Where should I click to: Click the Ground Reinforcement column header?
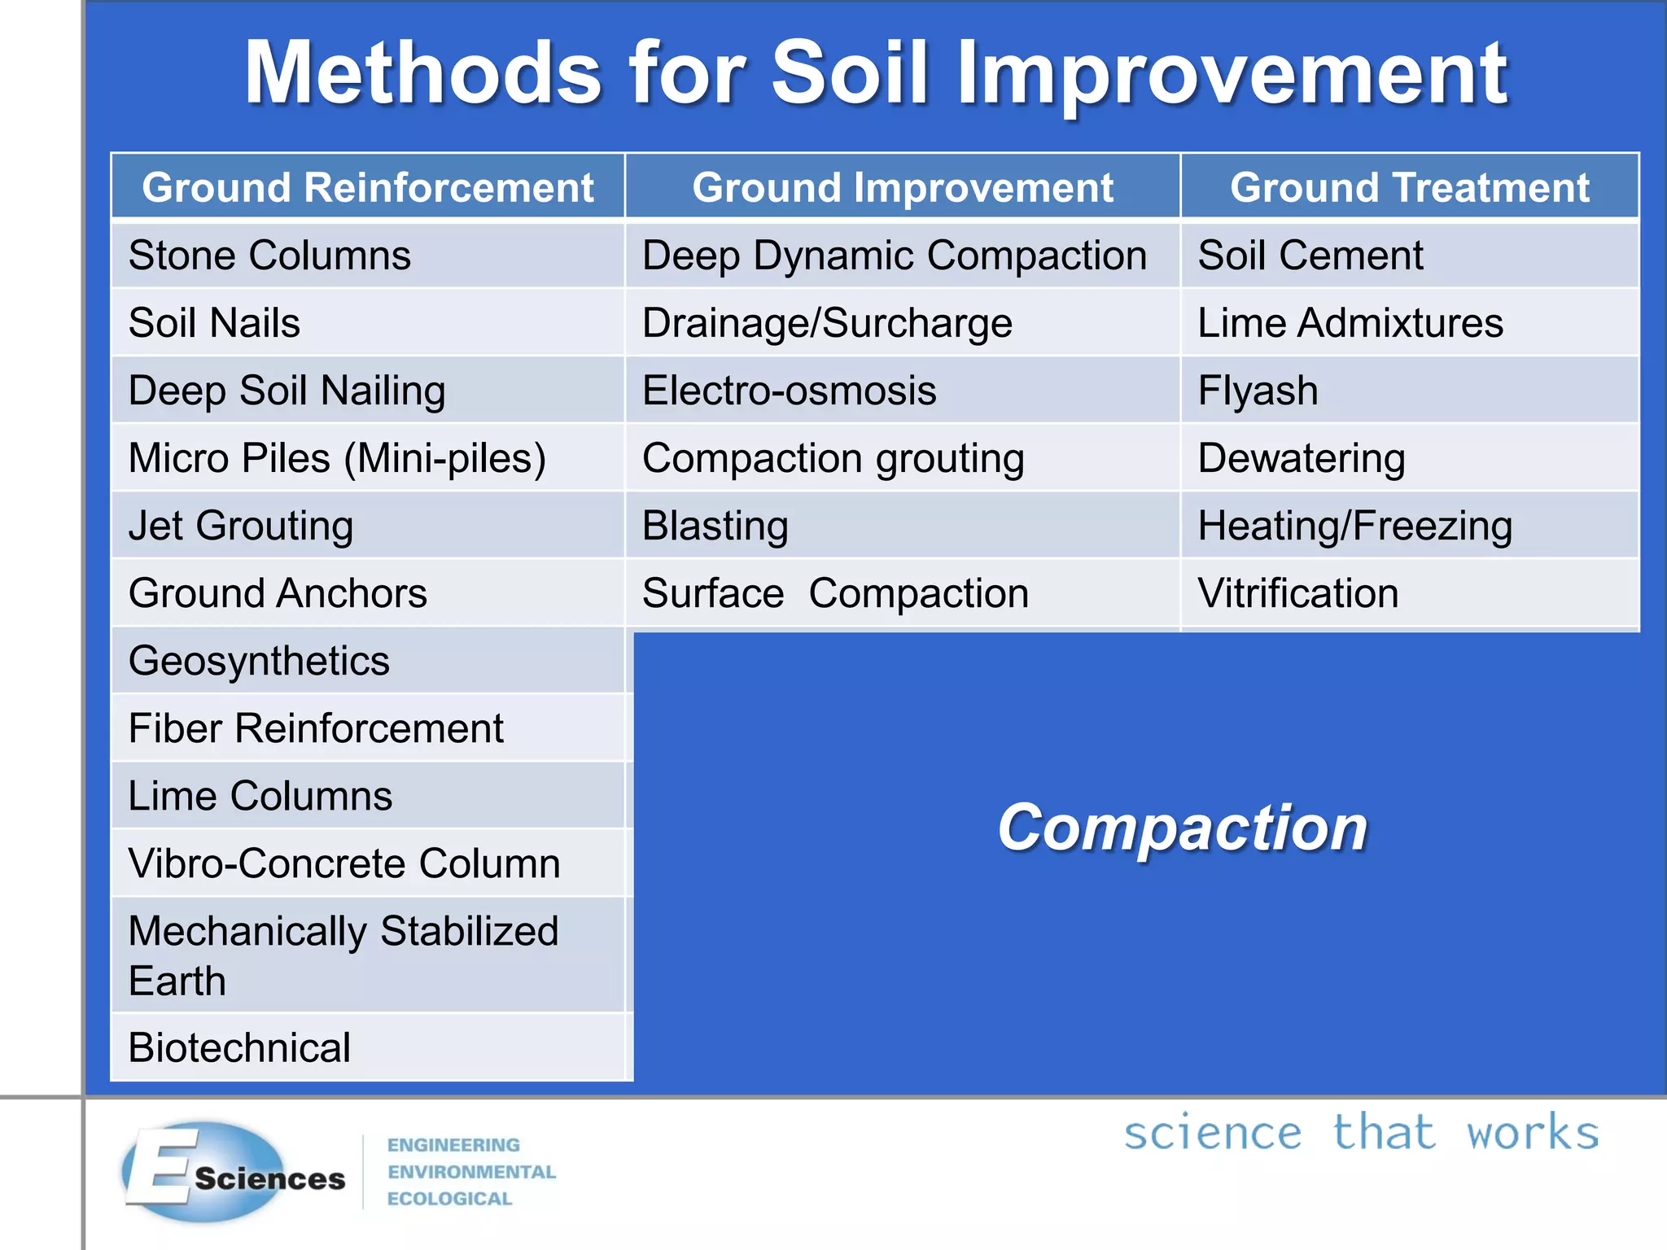[x=368, y=187]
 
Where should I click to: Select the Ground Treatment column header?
[x=1409, y=187]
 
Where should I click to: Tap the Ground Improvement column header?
[x=902, y=187]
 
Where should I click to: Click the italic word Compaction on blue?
[x=1182, y=828]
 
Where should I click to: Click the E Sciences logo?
[x=232, y=1172]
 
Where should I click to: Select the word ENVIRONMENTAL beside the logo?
[x=471, y=1172]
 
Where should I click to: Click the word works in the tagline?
[x=1532, y=1133]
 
